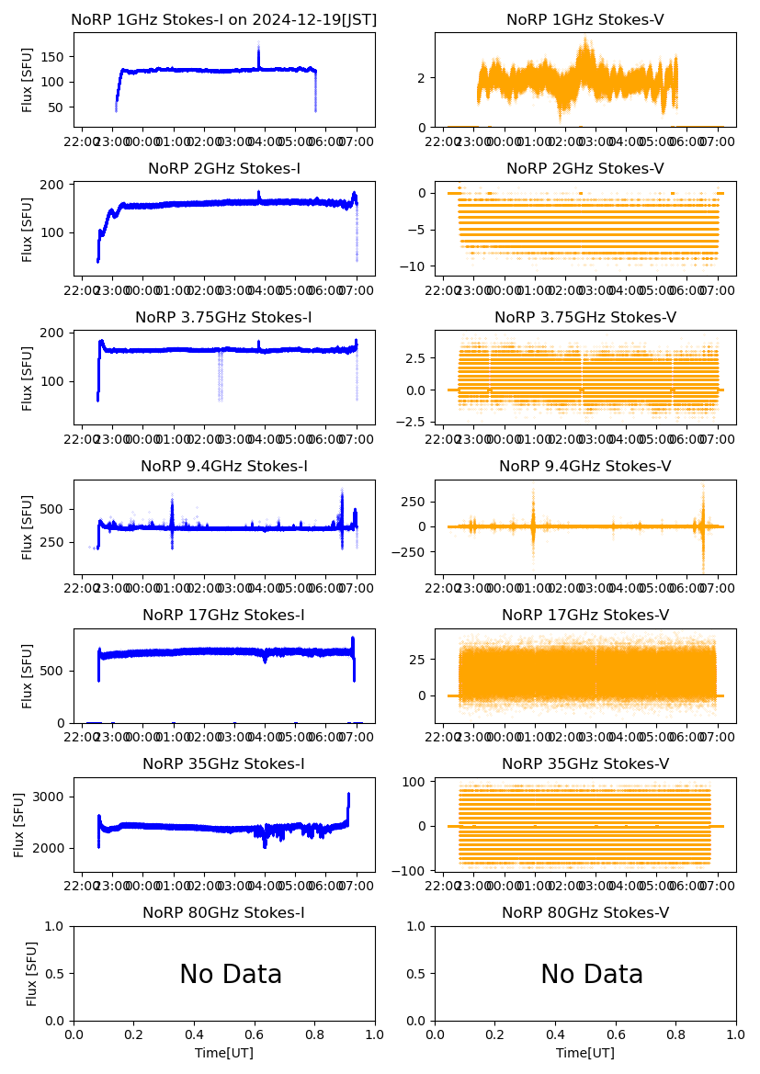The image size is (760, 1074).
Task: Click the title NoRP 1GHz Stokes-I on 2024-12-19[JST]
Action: click(x=224, y=19)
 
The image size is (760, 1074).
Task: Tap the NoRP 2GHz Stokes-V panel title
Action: click(x=585, y=168)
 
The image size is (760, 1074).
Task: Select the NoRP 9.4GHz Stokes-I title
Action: click(x=224, y=466)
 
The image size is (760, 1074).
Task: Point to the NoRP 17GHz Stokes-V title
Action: click(x=585, y=615)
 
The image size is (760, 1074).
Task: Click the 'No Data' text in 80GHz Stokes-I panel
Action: click(x=231, y=974)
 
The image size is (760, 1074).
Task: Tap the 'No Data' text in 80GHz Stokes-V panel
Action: click(x=592, y=974)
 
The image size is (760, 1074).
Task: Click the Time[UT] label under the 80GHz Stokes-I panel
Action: click(x=224, y=1053)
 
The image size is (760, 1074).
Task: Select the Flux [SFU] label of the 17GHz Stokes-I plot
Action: click(x=28, y=675)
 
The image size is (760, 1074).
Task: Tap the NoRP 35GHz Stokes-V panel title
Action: click(x=585, y=763)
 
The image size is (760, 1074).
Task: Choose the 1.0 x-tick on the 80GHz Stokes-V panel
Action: click(x=736, y=1035)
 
